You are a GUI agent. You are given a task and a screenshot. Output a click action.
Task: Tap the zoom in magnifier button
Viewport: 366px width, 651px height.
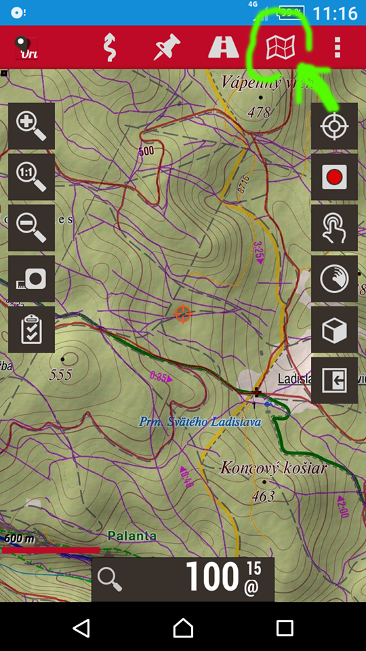click(x=31, y=126)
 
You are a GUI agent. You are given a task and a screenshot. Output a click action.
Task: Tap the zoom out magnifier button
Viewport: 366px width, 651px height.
click(x=31, y=227)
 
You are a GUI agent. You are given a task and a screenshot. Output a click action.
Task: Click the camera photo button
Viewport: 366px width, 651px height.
click(x=31, y=278)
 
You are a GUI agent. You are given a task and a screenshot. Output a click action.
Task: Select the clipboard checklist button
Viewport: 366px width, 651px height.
click(x=31, y=329)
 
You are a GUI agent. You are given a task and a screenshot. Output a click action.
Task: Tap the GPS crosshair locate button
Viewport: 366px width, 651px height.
click(x=334, y=126)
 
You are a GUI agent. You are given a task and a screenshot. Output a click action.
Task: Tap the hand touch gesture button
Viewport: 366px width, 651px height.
click(x=334, y=227)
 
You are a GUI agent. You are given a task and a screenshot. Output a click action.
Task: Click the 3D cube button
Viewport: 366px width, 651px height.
click(x=334, y=330)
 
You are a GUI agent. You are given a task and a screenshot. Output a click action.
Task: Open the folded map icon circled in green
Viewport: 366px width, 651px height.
click(x=280, y=47)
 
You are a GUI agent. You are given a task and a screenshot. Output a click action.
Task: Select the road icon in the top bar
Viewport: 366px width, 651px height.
click(x=223, y=47)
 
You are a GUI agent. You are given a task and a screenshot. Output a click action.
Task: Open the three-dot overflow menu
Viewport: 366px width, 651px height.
click(x=337, y=47)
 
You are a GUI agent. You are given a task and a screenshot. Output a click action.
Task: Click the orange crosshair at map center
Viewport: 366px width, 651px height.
click(x=183, y=314)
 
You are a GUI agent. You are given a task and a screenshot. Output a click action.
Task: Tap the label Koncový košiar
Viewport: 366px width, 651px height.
click(x=274, y=468)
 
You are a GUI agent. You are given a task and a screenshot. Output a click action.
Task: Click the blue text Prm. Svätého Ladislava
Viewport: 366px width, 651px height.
click(x=200, y=422)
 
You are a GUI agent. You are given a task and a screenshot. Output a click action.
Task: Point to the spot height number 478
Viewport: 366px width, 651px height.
click(x=260, y=113)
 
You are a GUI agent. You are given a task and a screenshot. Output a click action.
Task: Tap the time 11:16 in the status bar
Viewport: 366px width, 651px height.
click(x=335, y=13)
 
